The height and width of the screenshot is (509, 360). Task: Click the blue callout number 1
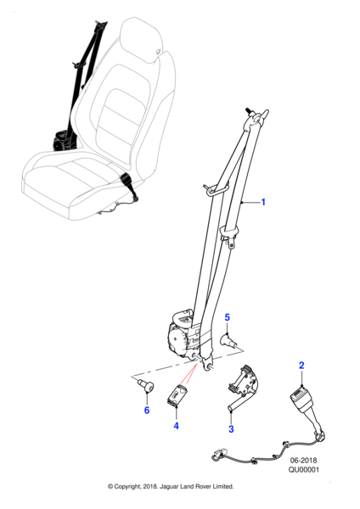click(263, 202)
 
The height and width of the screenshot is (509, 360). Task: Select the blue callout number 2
click(301, 366)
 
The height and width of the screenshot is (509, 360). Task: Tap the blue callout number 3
click(231, 428)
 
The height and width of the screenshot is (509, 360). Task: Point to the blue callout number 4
click(176, 426)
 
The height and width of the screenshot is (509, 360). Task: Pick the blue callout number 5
click(227, 317)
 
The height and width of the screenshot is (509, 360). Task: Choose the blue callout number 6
click(147, 411)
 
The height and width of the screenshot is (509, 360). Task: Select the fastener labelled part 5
click(229, 342)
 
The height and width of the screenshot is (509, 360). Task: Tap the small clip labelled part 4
click(177, 395)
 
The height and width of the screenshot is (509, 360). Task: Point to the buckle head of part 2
click(301, 397)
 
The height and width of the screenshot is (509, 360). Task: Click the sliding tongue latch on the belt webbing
click(229, 237)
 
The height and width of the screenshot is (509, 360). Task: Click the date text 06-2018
click(303, 461)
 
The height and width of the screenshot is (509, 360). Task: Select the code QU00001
click(304, 469)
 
